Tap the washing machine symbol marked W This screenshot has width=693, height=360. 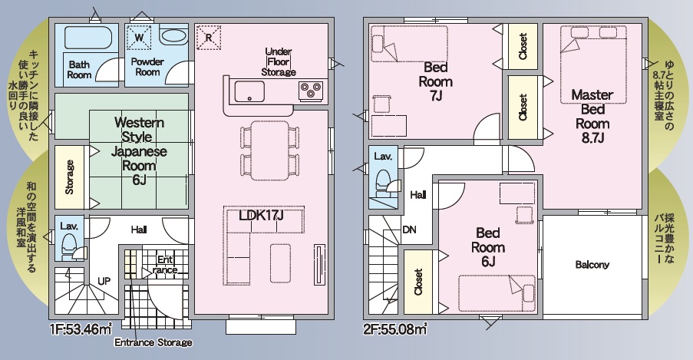[x=139, y=37]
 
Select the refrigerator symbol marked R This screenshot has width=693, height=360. [x=209, y=38]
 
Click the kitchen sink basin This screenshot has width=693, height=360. [x=249, y=91]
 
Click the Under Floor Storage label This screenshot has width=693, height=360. [x=279, y=62]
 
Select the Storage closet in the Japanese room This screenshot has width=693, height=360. [x=69, y=177]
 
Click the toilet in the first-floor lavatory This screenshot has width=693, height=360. [x=68, y=247]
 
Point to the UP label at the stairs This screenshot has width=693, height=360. [x=104, y=281]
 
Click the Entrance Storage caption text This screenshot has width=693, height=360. [x=153, y=342]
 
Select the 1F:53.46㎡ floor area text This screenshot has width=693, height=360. [x=81, y=329]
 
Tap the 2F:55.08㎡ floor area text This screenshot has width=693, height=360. [x=395, y=329]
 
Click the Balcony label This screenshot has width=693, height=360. [x=592, y=265]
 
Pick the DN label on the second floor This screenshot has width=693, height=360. [x=409, y=230]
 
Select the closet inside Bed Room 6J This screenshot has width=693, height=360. [x=418, y=282]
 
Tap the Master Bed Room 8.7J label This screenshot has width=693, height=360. [x=592, y=117]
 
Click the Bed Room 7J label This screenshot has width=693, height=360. [x=436, y=81]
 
